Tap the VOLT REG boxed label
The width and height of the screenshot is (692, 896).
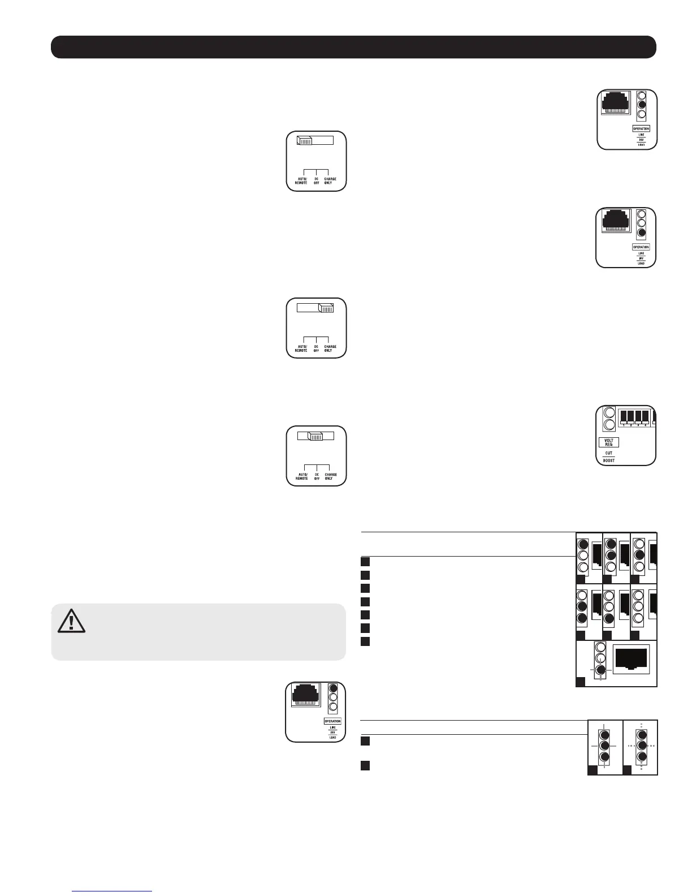click(x=608, y=443)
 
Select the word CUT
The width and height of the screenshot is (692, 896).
click(x=608, y=453)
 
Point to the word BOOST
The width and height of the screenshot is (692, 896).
click(x=608, y=460)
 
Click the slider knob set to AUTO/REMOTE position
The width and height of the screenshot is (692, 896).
click(x=305, y=141)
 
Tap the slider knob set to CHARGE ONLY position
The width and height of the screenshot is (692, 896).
click(x=326, y=308)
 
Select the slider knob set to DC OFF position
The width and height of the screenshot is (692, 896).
click(x=315, y=436)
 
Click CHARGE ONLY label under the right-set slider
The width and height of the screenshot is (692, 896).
click(x=330, y=348)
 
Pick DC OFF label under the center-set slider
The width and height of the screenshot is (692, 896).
click(x=317, y=476)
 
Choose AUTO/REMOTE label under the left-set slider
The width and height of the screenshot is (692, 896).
click(x=301, y=181)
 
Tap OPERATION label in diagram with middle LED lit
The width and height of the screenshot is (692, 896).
click(x=641, y=129)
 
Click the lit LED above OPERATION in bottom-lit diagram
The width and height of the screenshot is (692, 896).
click(x=641, y=233)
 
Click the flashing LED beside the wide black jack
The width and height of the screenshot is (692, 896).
click(x=601, y=670)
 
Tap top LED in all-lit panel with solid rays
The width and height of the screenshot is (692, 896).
click(x=604, y=735)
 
